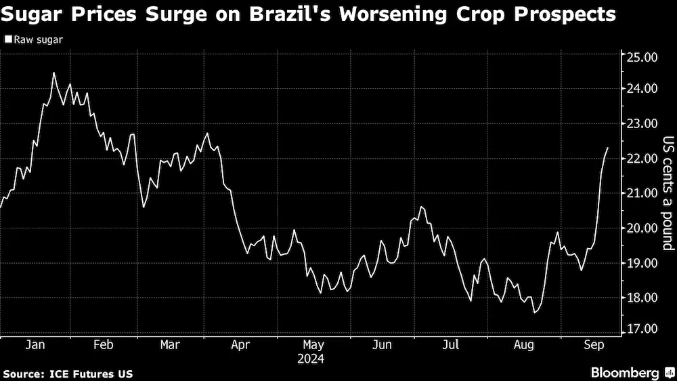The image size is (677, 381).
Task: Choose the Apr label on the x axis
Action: coord(241,344)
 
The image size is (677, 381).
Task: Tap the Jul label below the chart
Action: coord(451,344)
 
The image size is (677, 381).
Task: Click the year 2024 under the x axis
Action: coord(311,358)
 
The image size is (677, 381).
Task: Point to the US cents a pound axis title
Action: coord(667,193)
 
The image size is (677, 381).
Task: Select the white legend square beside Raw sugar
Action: coord(8,41)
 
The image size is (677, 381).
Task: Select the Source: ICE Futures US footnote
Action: coord(68,374)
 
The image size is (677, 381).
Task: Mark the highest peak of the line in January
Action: coord(53,73)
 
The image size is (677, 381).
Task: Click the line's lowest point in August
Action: coord(535,313)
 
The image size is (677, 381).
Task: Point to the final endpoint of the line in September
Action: coord(607,148)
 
